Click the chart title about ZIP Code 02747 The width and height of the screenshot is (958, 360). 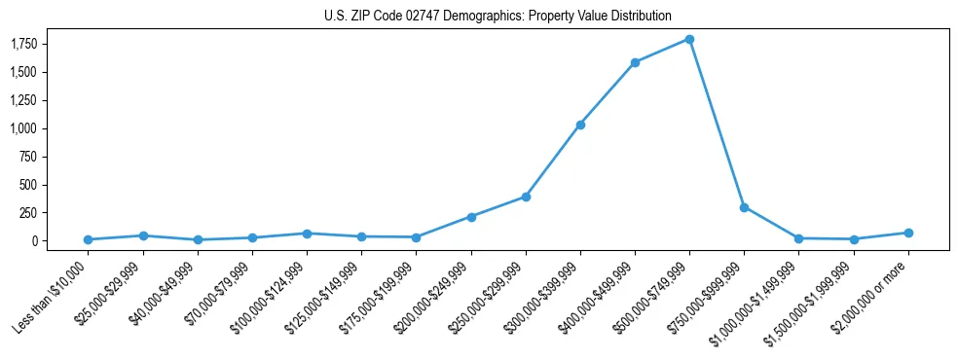[497, 17]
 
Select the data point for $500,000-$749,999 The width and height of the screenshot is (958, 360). [689, 39]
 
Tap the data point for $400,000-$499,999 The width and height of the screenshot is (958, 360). [635, 62]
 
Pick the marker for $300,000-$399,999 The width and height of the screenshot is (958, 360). [580, 125]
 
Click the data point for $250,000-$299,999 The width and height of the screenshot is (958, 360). [526, 197]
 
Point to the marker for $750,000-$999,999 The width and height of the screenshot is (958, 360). [744, 207]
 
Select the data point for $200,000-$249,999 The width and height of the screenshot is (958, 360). [471, 217]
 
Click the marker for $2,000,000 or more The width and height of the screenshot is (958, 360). [908, 233]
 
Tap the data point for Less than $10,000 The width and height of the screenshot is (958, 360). [89, 239]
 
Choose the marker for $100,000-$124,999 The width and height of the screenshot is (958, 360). [307, 234]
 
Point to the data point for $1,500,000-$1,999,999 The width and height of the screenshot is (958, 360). [854, 239]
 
